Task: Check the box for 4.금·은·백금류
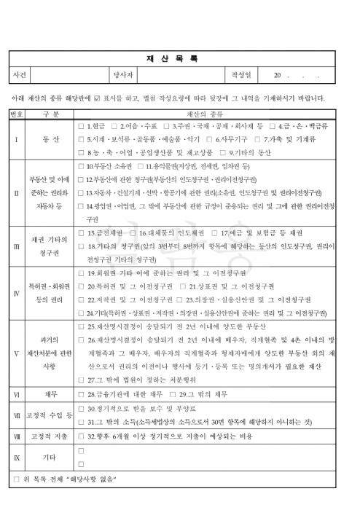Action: pos(286,126)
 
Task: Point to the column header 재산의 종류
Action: pos(208,114)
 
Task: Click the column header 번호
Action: pos(16,114)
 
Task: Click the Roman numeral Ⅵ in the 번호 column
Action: pos(16,394)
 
